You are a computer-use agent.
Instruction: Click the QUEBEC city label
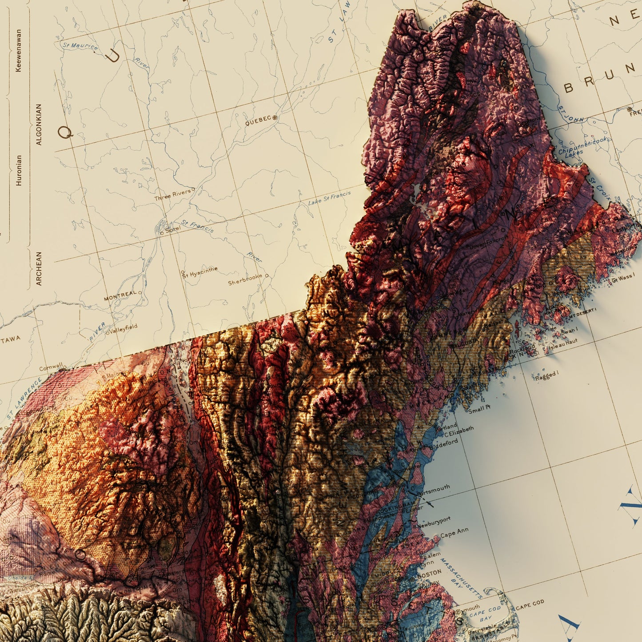click(x=258, y=120)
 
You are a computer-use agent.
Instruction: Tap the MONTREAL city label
click(x=120, y=296)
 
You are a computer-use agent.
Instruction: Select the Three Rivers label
click(x=172, y=194)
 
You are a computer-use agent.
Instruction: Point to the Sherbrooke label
click(x=245, y=279)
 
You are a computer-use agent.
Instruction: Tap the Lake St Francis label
click(x=329, y=198)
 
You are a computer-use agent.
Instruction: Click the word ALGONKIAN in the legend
click(x=39, y=124)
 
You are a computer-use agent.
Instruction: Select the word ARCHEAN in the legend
click(x=39, y=268)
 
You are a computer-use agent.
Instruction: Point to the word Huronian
click(x=19, y=170)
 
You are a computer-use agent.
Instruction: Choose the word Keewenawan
click(x=19, y=50)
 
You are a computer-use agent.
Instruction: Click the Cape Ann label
click(x=454, y=533)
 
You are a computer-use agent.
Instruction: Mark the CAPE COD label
click(x=530, y=605)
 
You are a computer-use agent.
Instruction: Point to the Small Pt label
click(x=479, y=408)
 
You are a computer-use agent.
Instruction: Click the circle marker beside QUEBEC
click(x=275, y=118)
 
